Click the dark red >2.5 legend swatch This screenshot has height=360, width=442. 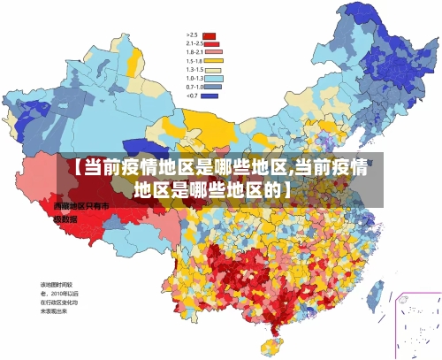coord(210,35)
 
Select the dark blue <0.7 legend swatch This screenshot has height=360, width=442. coord(210,96)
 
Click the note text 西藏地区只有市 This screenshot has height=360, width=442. coord(80,206)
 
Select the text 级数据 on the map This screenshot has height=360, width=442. coord(66,218)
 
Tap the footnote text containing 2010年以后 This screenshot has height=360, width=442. coord(59,293)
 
